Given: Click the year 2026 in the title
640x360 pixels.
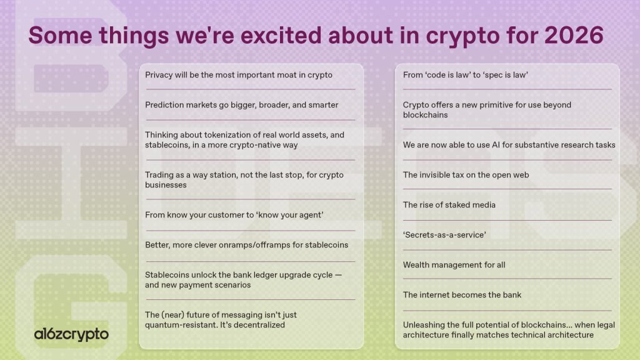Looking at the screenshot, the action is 574,35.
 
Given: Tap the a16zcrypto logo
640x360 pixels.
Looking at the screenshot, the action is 71,334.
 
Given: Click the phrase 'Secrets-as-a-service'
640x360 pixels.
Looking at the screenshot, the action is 444,235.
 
